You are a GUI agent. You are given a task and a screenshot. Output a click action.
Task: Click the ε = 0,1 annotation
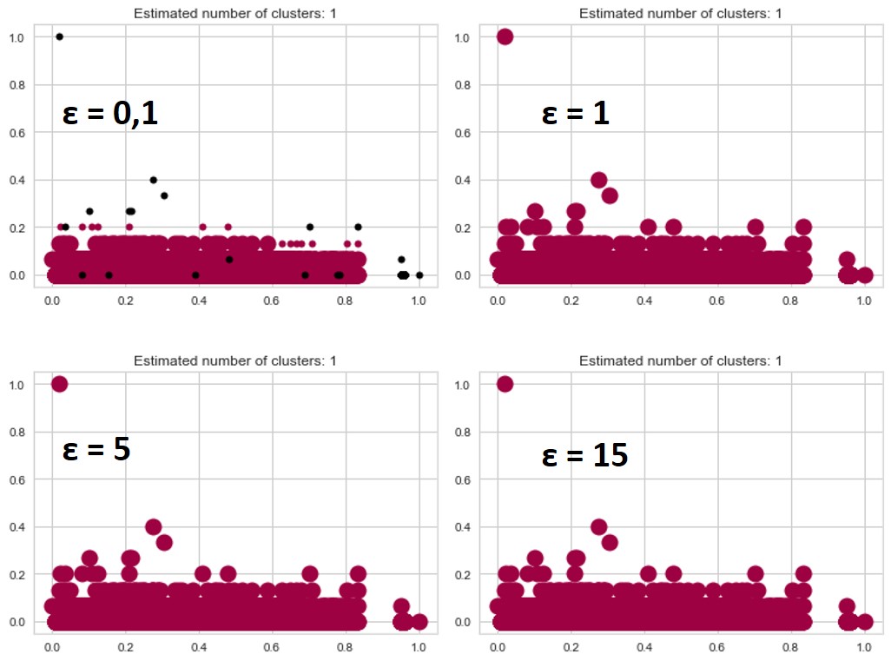click(x=109, y=115)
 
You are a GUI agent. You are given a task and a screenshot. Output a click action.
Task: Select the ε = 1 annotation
click(x=575, y=115)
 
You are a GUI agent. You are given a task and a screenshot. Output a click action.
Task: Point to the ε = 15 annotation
click(x=584, y=455)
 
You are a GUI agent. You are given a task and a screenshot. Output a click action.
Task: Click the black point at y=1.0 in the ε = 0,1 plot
click(x=59, y=36)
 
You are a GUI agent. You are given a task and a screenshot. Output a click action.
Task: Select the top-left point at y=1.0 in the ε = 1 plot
click(x=505, y=36)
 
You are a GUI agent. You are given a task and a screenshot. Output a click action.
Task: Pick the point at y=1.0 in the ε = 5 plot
click(x=59, y=384)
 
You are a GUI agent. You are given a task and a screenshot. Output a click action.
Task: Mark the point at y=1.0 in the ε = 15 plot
click(x=505, y=384)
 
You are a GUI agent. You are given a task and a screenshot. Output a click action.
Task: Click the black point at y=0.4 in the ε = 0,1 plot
click(x=154, y=180)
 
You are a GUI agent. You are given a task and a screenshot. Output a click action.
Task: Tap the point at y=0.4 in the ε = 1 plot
click(x=598, y=180)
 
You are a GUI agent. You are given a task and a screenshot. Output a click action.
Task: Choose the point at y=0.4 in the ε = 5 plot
click(x=154, y=526)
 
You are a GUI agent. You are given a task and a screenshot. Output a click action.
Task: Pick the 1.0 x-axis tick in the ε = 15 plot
click(x=864, y=647)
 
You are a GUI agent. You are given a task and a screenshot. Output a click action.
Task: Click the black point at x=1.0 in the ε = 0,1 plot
click(x=419, y=275)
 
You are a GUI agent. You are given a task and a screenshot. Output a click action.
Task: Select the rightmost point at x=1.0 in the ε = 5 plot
click(x=419, y=622)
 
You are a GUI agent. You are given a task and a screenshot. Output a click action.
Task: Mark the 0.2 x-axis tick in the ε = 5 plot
click(x=125, y=647)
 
